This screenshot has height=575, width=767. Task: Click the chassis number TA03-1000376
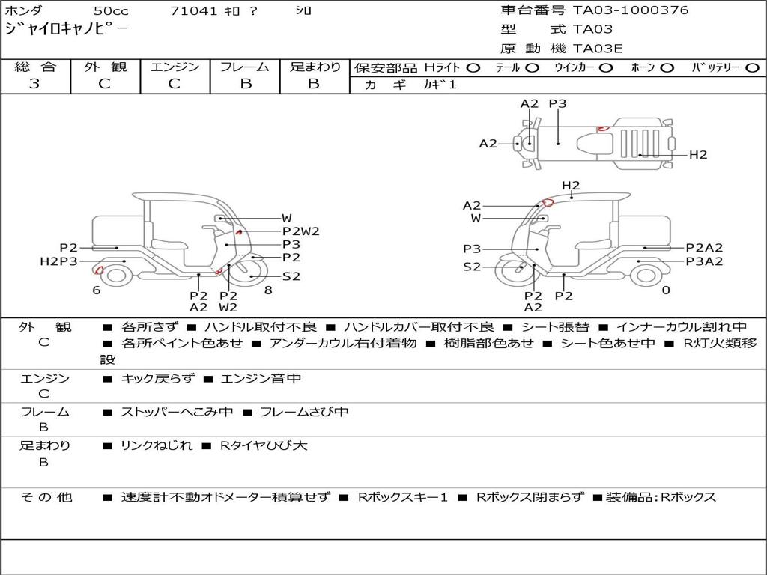[631, 10]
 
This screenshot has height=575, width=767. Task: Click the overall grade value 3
[34, 84]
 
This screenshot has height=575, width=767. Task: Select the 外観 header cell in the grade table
[105, 67]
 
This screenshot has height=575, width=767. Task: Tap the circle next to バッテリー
[752, 68]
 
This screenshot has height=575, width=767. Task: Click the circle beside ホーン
[667, 68]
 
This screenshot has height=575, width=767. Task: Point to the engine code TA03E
[598, 49]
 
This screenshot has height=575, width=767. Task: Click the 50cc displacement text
[111, 10]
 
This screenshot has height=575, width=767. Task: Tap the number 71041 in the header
[194, 10]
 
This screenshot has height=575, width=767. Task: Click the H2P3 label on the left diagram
[58, 261]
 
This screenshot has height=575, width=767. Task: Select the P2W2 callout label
[301, 231]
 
